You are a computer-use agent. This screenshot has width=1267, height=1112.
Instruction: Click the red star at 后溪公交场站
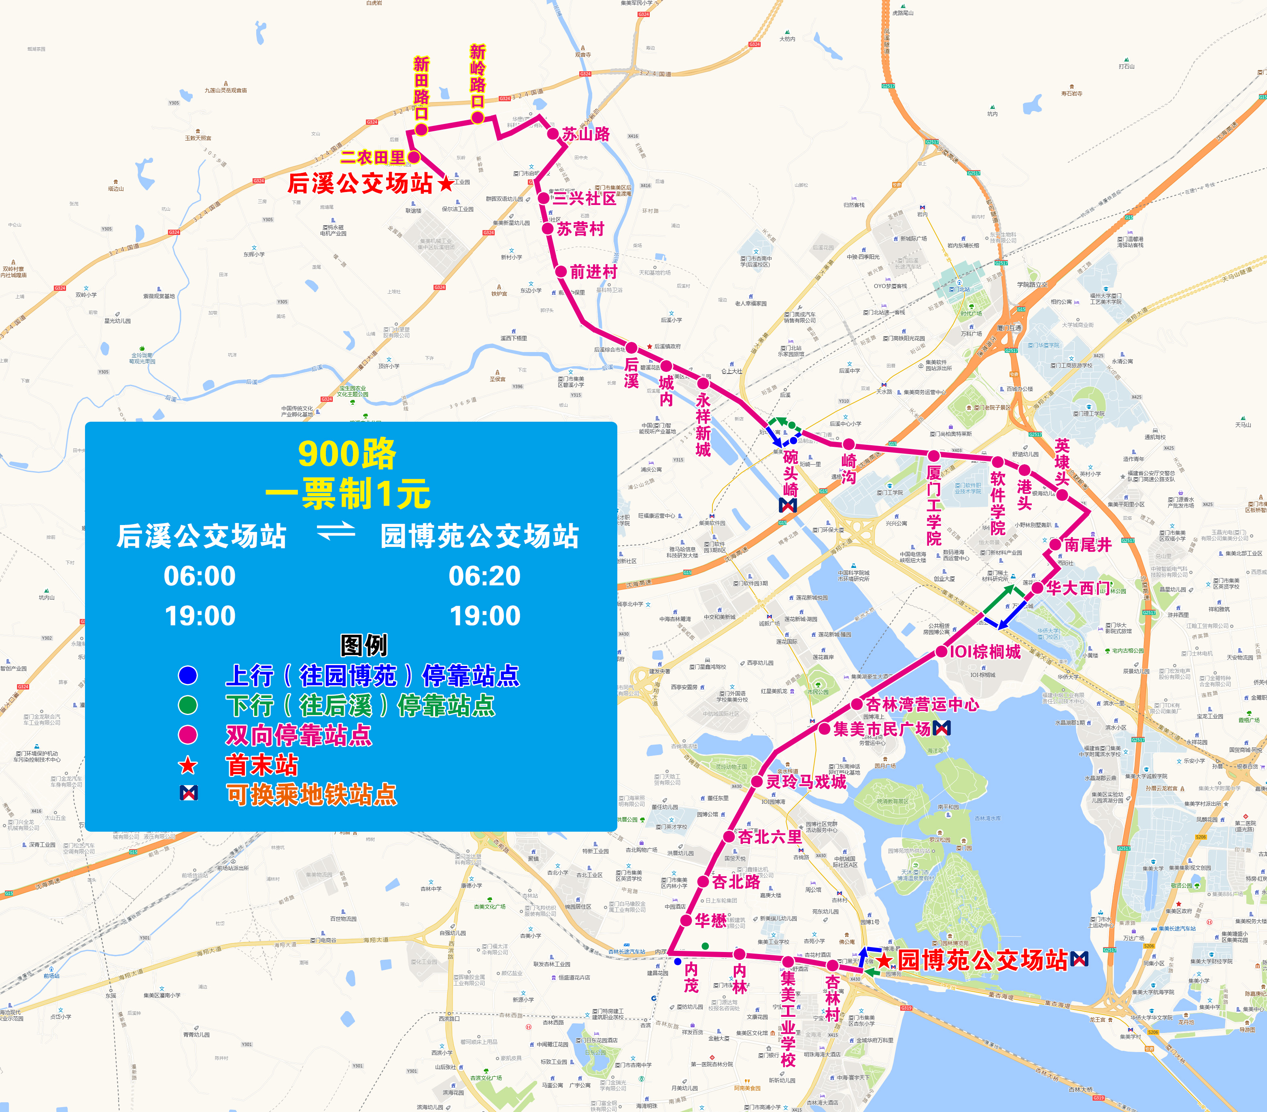pos(446,184)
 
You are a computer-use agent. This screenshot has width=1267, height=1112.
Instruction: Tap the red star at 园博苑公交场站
pos(884,960)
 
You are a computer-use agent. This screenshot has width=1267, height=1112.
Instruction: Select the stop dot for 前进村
pos(561,272)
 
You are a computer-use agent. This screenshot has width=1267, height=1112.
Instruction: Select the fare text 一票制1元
pos(348,494)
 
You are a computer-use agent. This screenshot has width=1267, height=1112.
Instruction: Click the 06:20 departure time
pos(484,576)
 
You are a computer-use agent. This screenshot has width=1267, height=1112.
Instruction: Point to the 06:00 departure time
pos(200,576)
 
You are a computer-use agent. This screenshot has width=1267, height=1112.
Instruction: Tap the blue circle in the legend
pos(188,675)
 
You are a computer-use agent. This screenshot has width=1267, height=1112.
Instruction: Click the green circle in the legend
pos(188,705)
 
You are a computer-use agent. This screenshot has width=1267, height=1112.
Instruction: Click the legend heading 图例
pos(364,645)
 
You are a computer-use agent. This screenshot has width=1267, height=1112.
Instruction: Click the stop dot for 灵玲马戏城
pos(757,781)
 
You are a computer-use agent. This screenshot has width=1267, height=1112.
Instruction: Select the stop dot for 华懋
pos(686,920)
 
